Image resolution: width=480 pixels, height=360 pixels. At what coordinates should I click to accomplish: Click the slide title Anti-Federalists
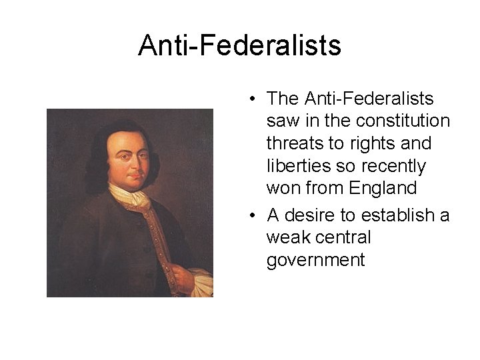[239, 46]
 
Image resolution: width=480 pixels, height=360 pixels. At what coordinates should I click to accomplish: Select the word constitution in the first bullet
[403, 121]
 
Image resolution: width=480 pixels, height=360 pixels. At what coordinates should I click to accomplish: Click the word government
[315, 260]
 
